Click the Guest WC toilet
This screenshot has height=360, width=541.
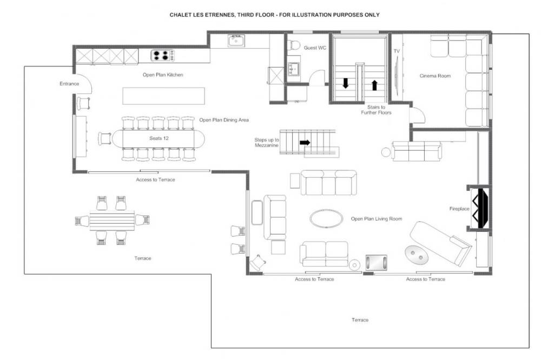coord(294,45)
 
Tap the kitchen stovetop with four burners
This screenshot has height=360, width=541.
coord(162,55)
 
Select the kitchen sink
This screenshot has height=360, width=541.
coord(236,41)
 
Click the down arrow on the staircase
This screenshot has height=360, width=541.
coord(345,83)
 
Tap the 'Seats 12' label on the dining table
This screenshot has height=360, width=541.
coord(159,138)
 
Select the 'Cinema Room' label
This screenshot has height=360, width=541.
coord(435,76)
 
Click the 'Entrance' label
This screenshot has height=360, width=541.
coord(69,84)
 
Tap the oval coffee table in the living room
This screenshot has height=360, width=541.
coord(326,218)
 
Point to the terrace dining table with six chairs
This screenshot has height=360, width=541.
coord(112,221)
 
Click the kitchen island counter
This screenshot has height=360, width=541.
coord(163,96)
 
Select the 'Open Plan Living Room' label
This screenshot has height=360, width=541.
coord(377,218)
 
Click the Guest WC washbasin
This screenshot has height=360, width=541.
coord(294,69)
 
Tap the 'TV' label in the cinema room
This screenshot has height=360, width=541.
coord(397,51)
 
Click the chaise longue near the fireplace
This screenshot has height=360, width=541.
coord(440,243)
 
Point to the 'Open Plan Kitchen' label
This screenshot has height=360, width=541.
coord(163,75)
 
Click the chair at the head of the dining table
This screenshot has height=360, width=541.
coord(105,138)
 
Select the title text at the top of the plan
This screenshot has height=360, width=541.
coord(275,15)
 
